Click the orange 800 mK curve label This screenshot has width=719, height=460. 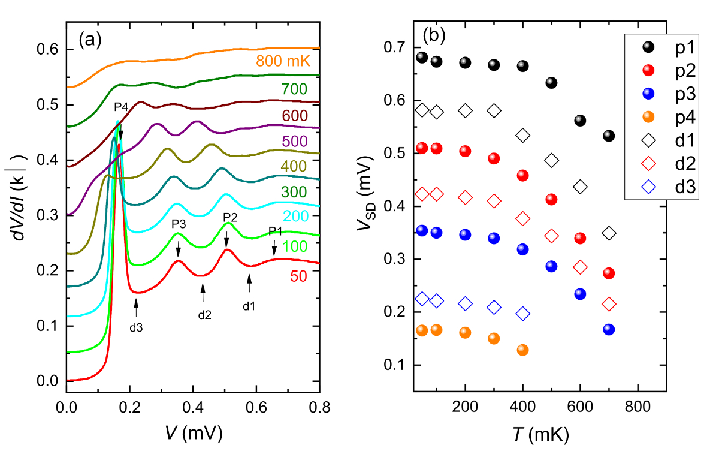285,61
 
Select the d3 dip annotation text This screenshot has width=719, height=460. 137,327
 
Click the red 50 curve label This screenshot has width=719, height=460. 301,276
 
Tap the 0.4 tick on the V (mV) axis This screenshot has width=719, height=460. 193,409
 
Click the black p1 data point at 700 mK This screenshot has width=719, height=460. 609,136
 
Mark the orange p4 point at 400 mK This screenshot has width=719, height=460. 522,350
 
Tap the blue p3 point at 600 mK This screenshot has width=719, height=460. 580,294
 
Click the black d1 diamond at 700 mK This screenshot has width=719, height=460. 609,233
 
